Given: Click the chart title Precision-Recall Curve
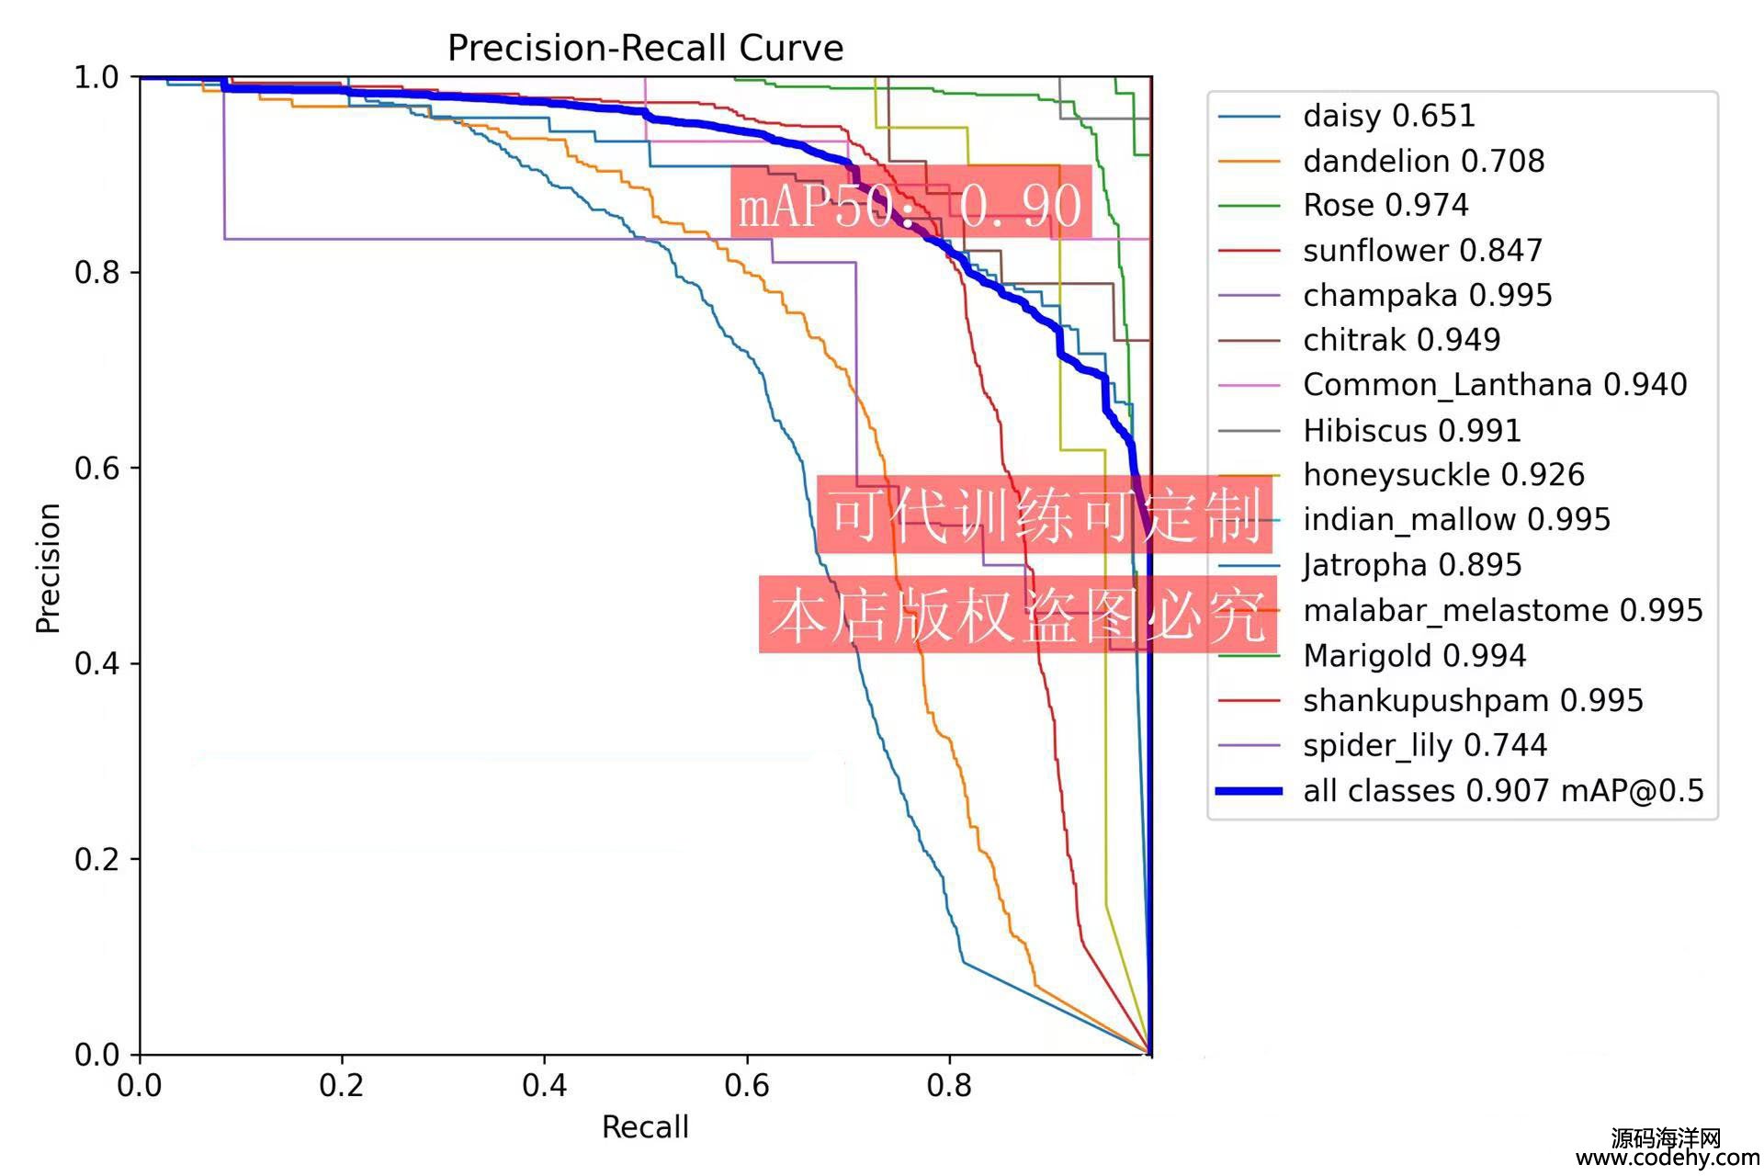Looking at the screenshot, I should click(645, 48).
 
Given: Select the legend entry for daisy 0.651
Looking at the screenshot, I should click(1388, 116).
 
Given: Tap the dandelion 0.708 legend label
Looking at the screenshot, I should click(1423, 161).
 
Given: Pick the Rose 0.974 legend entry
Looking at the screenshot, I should click(1385, 205).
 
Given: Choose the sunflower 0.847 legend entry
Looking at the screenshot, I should click(1422, 250).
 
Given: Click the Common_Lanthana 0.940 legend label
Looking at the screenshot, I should click(1495, 384).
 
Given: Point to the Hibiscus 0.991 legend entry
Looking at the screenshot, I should click(1411, 430).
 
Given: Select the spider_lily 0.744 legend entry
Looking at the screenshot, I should click(1425, 745).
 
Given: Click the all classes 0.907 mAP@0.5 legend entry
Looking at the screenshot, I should click(1503, 790).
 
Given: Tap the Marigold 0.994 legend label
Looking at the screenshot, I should click(1414, 655).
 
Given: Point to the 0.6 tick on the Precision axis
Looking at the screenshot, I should click(96, 468).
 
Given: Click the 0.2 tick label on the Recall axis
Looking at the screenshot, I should click(342, 1086).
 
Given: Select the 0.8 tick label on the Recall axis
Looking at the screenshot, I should click(949, 1086).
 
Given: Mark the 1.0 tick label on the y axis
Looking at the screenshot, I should click(96, 77).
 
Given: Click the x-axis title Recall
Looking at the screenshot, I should click(645, 1127).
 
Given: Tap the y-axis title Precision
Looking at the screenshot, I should click(48, 568).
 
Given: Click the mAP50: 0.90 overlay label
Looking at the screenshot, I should click(910, 204).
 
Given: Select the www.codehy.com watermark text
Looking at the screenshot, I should click(1668, 1159).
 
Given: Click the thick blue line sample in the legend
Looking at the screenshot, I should click(1249, 790).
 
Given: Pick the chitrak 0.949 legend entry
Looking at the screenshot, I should click(1401, 340).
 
